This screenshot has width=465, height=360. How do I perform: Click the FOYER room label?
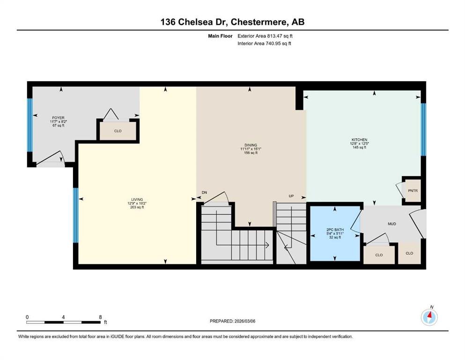pyautogui.click(x=58, y=118)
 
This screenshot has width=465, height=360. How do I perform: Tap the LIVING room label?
pyautogui.click(x=137, y=199)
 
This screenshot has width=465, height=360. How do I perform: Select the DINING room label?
pyautogui.click(x=251, y=145)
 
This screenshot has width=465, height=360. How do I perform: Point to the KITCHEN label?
pyautogui.click(x=360, y=140)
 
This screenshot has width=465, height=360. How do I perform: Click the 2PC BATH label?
pyautogui.click(x=335, y=230)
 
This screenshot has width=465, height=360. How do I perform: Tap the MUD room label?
pyautogui.click(x=392, y=224)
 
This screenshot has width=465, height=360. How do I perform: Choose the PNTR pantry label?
pyautogui.click(x=413, y=190)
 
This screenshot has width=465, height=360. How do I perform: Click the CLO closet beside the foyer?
pyautogui.click(x=118, y=131)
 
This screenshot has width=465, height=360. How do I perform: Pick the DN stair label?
pyautogui.click(x=204, y=193)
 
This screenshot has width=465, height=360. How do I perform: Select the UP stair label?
pyautogui.click(x=291, y=196)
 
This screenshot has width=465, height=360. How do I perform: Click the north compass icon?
pyautogui.click(x=429, y=317)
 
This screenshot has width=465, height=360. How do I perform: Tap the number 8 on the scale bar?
pyautogui.click(x=101, y=317)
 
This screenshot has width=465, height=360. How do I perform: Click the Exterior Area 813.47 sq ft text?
pyautogui.click(x=265, y=36)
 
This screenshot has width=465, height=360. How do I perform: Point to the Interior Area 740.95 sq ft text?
pyautogui.click(x=264, y=43)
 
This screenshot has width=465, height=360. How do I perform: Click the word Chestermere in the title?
pyautogui.click(x=259, y=22)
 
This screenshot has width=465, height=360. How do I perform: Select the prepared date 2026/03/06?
pyautogui.click(x=244, y=321)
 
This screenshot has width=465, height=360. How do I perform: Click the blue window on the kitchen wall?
pyautogui.click(x=423, y=129)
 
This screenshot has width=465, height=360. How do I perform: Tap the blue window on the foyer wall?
pyautogui.click(x=30, y=125)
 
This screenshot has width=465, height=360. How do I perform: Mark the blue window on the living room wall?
pyautogui.click(x=76, y=216)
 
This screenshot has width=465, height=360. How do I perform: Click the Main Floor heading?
pyautogui.click(x=220, y=36)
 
